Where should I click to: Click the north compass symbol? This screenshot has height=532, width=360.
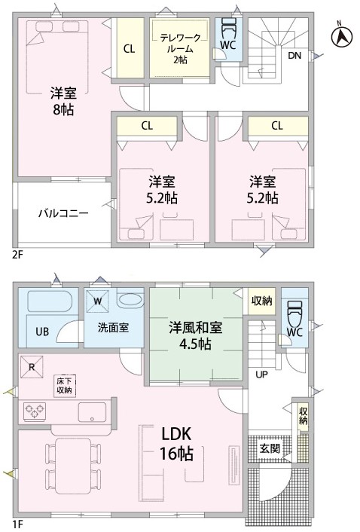point(342,35)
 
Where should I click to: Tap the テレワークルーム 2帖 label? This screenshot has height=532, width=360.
point(180,48)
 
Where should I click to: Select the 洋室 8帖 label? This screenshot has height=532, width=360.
point(63,101)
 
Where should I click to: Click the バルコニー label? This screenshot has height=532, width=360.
point(63,213)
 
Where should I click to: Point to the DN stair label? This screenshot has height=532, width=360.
point(294,55)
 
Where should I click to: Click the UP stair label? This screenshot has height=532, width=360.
point(261,375)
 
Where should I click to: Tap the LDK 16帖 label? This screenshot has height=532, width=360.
point(176,443)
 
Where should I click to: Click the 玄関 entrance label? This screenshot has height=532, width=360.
point(270,448)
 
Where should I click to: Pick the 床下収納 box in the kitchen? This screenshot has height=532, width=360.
point(65,385)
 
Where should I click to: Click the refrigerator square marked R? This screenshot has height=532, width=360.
point(32,367)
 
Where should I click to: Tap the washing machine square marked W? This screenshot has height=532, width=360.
point(97,301)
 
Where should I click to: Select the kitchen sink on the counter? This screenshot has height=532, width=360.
point(92,412)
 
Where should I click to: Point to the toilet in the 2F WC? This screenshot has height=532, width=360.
point(229,29)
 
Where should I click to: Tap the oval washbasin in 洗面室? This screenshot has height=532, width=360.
point(130,300)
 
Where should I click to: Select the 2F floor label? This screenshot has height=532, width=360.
point(17,255)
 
